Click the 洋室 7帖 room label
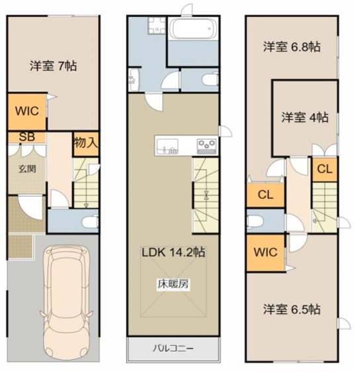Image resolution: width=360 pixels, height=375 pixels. pyautogui.click(x=53, y=66)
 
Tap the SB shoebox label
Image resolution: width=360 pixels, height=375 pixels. pyautogui.click(x=27, y=137)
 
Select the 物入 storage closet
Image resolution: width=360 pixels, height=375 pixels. pyautogui.click(x=86, y=144)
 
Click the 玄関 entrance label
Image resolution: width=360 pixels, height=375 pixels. pyautogui.click(x=27, y=169)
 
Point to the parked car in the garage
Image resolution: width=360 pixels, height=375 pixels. pyautogui.click(x=66, y=301)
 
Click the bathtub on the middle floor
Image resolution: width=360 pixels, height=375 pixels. pyautogui.click(x=193, y=29)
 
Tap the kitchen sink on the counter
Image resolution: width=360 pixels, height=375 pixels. pyautogui.click(x=167, y=146)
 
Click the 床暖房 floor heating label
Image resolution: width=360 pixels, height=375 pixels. pyautogui.click(x=173, y=284)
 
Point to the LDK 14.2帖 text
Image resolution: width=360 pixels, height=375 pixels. pyautogui.click(x=173, y=252)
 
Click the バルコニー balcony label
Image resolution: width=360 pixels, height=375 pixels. pyautogui.click(x=173, y=348)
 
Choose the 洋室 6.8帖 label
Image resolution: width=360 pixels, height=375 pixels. pyautogui.click(x=292, y=46)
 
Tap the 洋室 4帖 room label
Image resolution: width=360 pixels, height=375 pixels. pyautogui.click(x=305, y=117)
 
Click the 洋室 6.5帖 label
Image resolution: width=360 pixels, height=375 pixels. pyautogui.click(x=292, y=309)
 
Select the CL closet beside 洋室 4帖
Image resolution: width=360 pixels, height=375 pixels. pyautogui.click(x=325, y=169)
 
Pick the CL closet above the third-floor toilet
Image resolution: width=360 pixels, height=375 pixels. pyautogui.click(x=265, y=195)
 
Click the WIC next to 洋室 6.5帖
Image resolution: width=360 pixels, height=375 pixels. pyautogui.click(x=265, y=252)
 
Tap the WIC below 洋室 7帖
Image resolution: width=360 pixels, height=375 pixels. pyautogui.click(x=27, y=111)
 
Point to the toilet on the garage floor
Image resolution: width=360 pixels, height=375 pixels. pyautogui.click(x=90, y=221)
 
